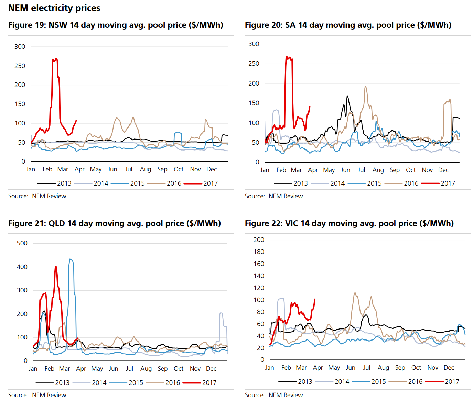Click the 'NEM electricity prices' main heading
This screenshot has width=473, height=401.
click(x=54, y=8)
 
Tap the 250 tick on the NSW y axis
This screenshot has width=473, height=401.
click(x=20, y=66)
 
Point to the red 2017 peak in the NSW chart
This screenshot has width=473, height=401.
click(x=55, y=59)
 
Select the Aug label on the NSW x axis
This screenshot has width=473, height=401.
click(x=146, y=169)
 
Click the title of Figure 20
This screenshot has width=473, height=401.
click(x=348, y=25)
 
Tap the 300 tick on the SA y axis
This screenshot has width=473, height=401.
click(x=254, y=44)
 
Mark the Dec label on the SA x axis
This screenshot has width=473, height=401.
click(x=443, y=170)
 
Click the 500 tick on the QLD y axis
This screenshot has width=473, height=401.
click(x=22, y=243)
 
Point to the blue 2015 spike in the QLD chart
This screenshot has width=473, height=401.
click(x=70, y=259)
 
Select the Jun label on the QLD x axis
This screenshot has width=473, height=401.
click(x=114, y=369)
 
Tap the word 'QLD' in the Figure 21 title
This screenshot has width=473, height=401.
click(x=57, y=223)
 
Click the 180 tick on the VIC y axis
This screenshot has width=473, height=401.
click(x=259, y=252)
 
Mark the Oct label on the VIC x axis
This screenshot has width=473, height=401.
click(x=416, y=368)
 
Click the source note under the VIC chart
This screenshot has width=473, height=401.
click(x=274, y=395)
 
